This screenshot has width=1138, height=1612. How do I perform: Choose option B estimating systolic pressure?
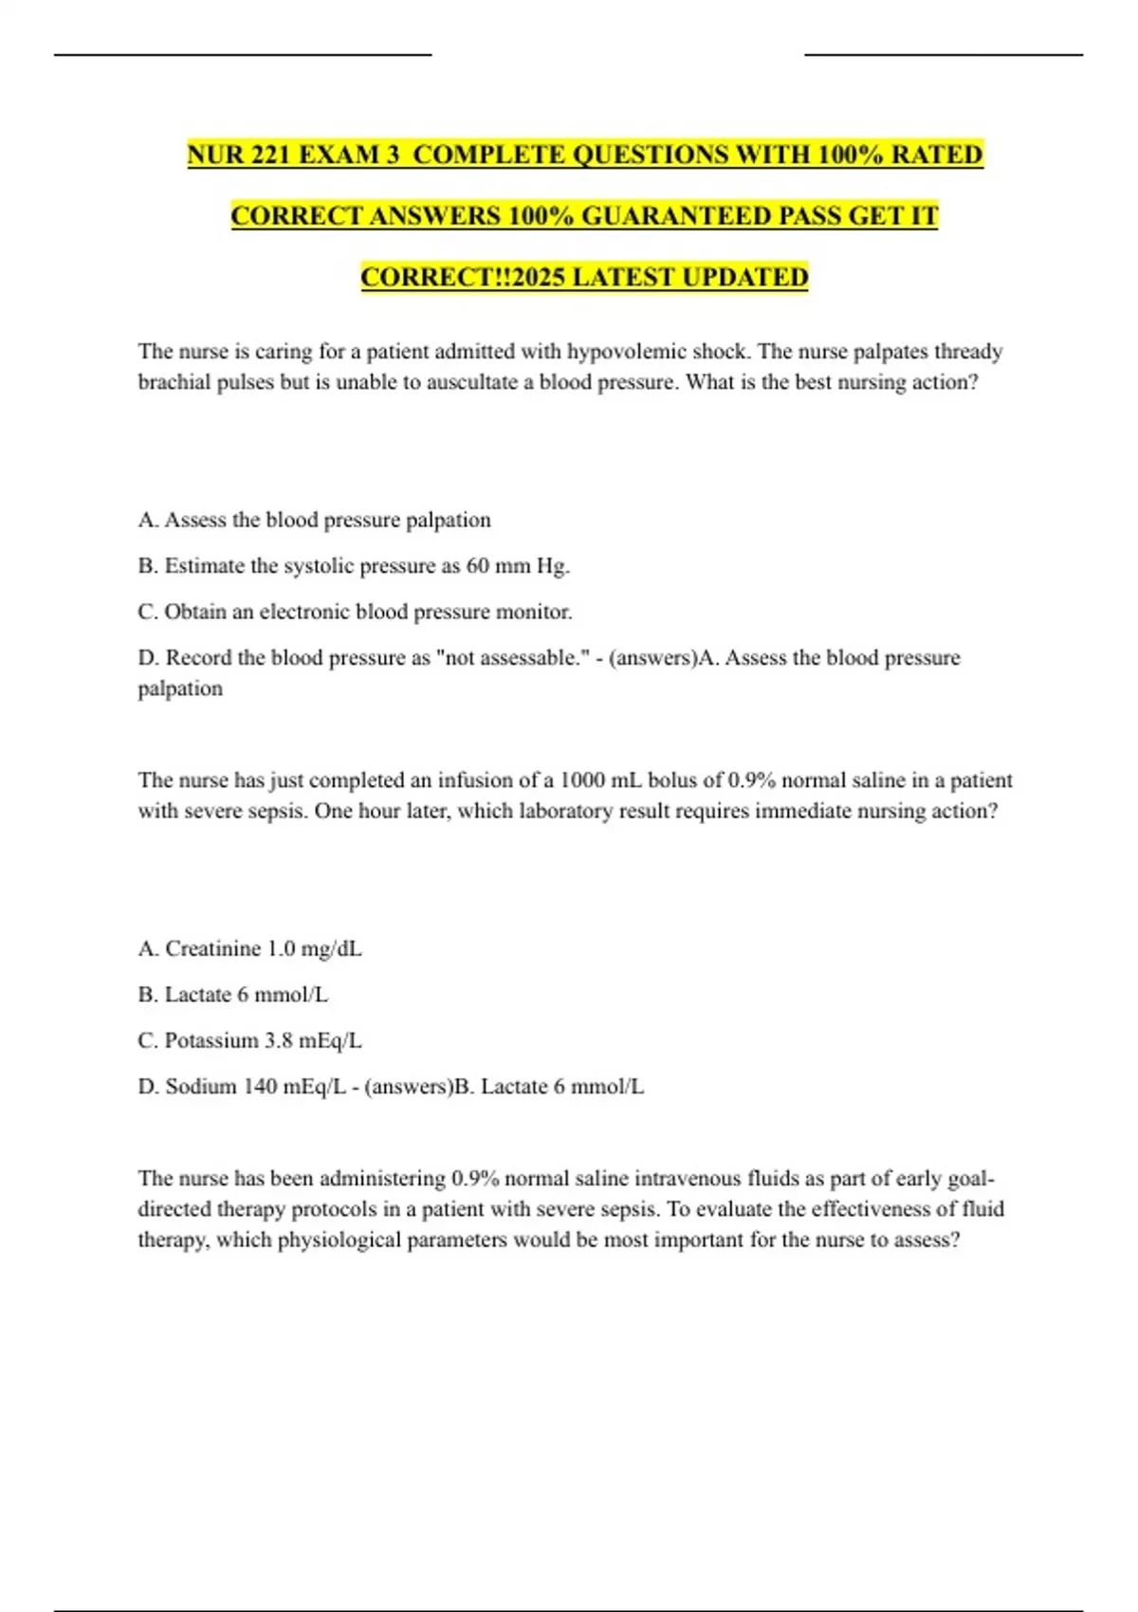click(354, 566)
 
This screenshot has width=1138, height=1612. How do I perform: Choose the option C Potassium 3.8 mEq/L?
click(249, 1041)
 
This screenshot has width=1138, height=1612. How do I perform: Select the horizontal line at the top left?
click(243, 55)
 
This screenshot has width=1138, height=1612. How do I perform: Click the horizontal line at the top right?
click(944, 55)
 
